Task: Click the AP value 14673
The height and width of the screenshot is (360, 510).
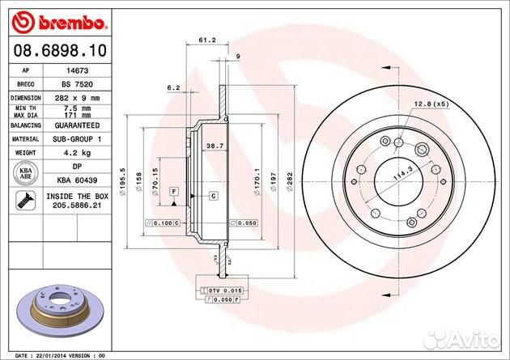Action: coord(76,71)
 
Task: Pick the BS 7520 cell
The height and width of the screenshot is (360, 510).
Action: coord(76,83)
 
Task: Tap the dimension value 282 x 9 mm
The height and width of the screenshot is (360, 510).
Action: coord(76,96)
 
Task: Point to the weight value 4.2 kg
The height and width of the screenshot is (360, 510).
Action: coord(76,151)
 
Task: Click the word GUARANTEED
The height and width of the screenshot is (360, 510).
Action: coord(76,126)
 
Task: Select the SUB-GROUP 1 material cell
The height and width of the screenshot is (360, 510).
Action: coord(76,138)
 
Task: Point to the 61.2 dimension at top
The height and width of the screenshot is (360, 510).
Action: coord(206,38)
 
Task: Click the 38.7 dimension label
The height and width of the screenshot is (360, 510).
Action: coord(215,145)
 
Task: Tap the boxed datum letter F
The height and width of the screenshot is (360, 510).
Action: coord(173,191)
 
